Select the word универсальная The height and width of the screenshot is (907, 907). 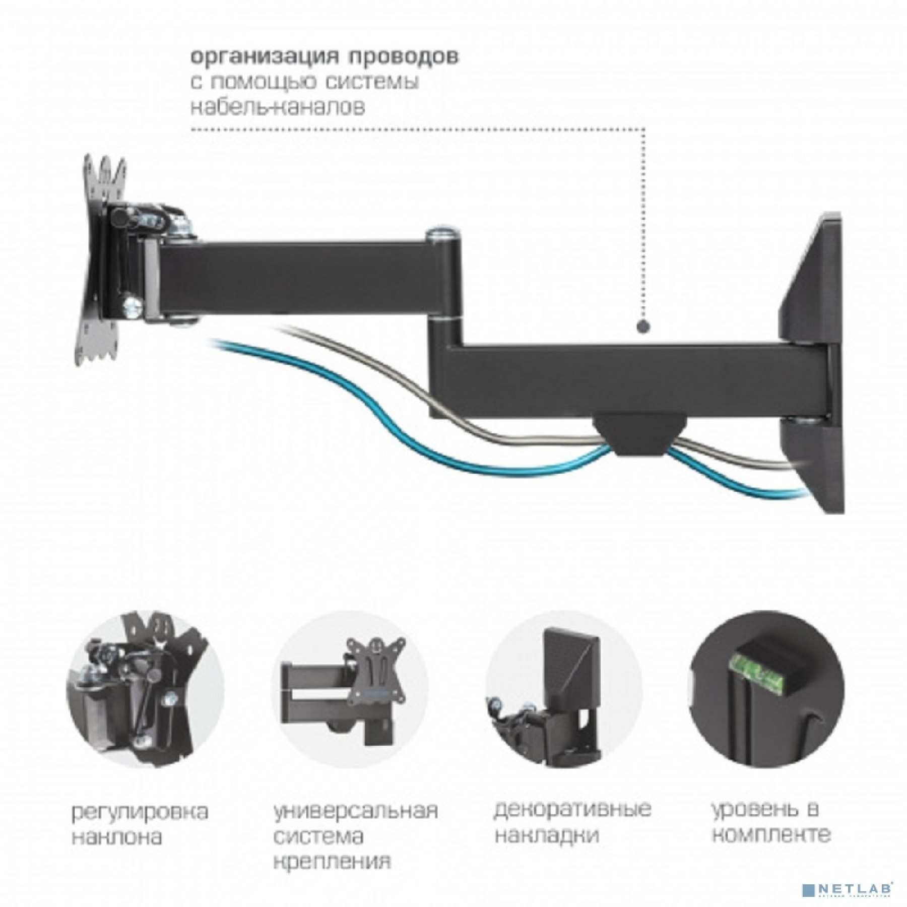click(x=355, y=811)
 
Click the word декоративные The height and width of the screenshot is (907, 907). click(x=572, y=809)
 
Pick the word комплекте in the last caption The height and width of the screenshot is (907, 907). click(x=771, y=836)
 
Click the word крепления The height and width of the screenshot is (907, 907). click(x=333, y=862)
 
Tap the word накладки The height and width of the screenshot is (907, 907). click(x=547, y=836)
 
